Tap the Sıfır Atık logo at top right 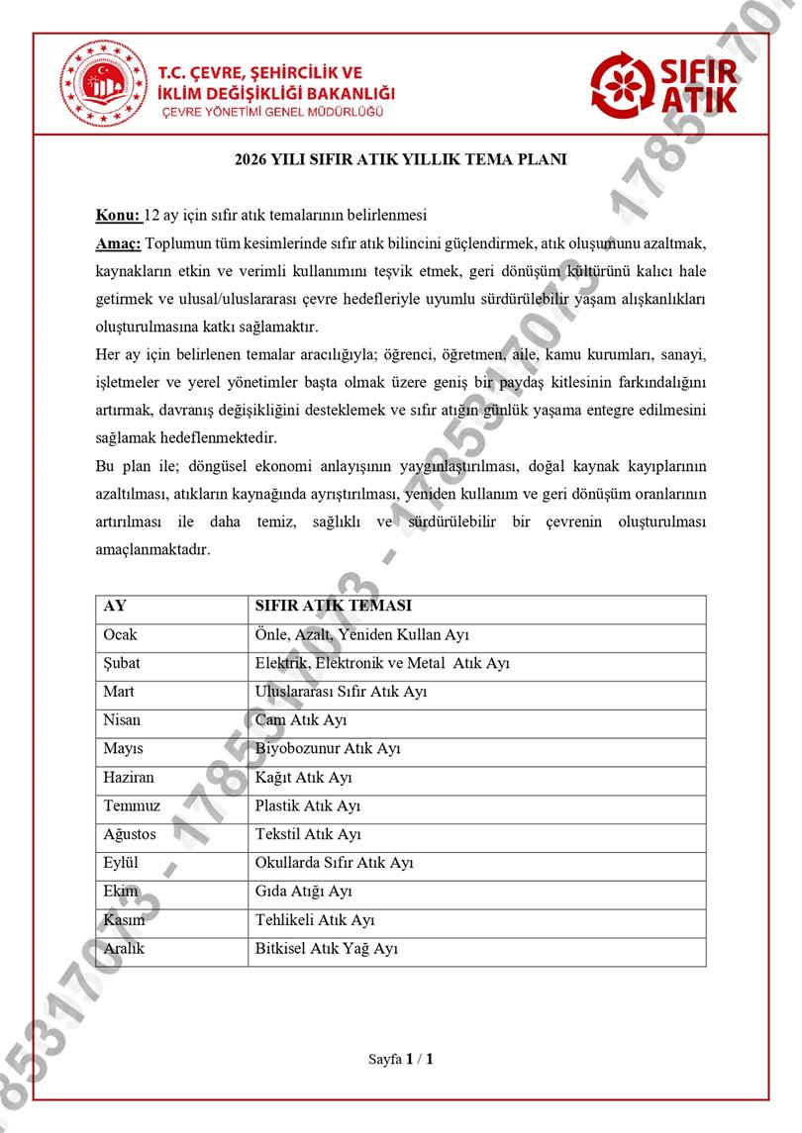pyautogui.click(x=665, y=83)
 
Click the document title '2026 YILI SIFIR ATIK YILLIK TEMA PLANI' pyautogui.click(x=401, y=159)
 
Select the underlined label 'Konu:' pyautogui.click(x=118, y=216)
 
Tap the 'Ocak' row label pyautogui.click(x=120, y=634)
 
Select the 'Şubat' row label pyautogui.click(x=122, y=663)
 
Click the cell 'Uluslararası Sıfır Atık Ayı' pyautogui.click(x=341, y=692)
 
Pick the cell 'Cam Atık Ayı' pyautogui.click(x=301, y=720)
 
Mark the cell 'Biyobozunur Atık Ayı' pyautogui.click(x=328, y=749)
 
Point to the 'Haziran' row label pyautogui.click(x=129, y=778)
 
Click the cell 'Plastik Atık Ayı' pyautogui.click(x=308, y=806)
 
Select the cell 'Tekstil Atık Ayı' pyautogui.click(x=308, y=835)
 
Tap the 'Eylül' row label pyautogui.click(x=120, y=863)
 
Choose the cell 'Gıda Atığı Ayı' pyautogui.click(x=304, y=892)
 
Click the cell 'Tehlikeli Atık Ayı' pyautogui.click(x=315, y=920)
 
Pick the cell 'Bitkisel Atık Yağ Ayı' pyautogui.click(x=326, y=949)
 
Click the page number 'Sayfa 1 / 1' pyautogui.click(x=401, y=1059)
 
